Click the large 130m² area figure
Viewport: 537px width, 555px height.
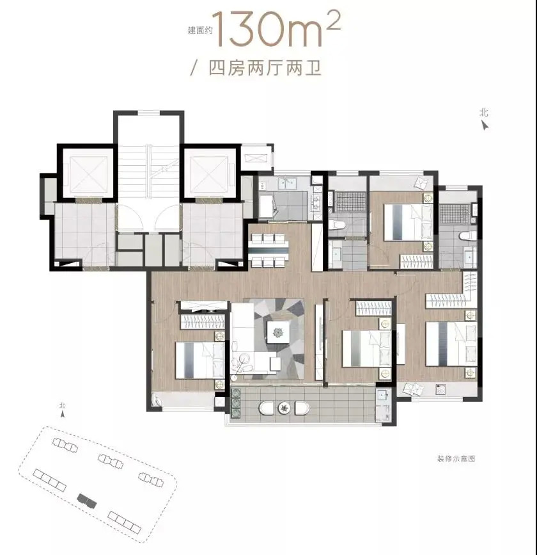tap(277, 29)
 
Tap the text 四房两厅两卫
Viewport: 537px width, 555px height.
tap(265, 68)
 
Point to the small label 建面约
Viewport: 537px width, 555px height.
tap(201, 31)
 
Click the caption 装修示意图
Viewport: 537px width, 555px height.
tap(456, 459)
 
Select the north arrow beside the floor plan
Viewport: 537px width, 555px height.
tap(485, 125)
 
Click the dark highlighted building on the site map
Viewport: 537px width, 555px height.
tap(86, 501)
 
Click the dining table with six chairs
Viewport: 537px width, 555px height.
tap(268, 250)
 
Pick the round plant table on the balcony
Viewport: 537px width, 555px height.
tap(284, 408)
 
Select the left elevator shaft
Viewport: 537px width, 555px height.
tap(88, 174)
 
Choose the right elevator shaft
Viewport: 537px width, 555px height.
tap(209, 174)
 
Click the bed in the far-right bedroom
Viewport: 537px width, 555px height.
tap(451, 344)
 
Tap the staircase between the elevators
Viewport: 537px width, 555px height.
tap(148, 173)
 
